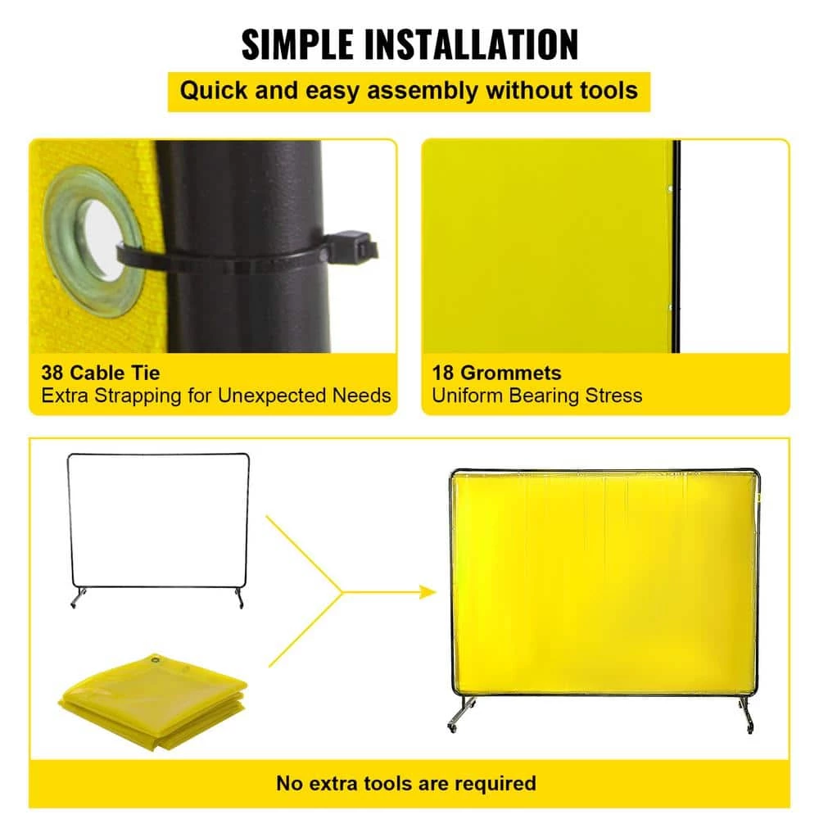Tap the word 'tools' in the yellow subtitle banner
tap(606, 89)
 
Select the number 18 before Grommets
tap(444, 373)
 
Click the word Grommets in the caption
tap(509, 373)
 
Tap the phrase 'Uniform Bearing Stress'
tap(537, 396)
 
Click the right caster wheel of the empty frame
tap(239, 604)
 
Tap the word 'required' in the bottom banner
tap(493, 783)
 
